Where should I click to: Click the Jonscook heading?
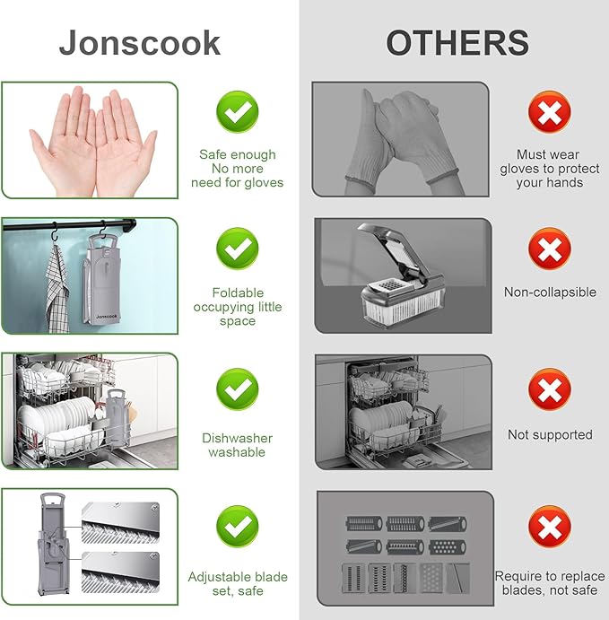click(140, 44)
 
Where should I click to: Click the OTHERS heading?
click(457, 43)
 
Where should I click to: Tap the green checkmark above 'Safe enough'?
click(237, 111)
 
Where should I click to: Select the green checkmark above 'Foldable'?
click(237, 248)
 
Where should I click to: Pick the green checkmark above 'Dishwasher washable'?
click(237, 389)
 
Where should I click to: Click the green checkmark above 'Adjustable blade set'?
click(237, 527)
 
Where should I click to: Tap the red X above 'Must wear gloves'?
click(550, 112)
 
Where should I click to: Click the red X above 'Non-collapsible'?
click(550, 249)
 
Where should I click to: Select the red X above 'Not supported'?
click(550, 389)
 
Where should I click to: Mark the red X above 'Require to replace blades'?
click(550, 527)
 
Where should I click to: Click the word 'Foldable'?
click(238, 293)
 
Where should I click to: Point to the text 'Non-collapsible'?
click(550, 293)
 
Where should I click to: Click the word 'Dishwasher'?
click(237, 438)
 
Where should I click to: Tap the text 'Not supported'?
click(550, 434)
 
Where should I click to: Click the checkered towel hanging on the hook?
click(57, 289)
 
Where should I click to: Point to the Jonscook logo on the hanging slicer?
click(107, 317)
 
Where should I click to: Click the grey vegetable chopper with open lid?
click(402, 275)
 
